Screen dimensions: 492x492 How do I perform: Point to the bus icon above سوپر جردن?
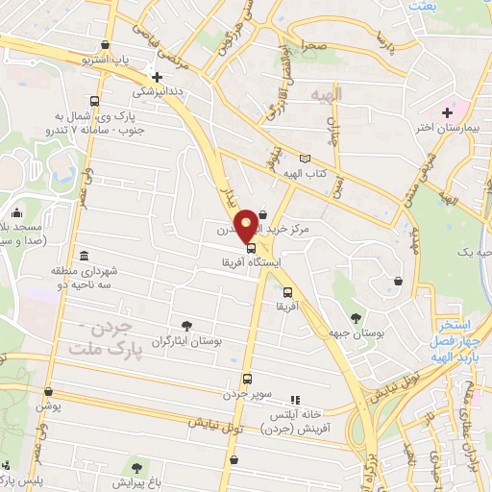(247, 378)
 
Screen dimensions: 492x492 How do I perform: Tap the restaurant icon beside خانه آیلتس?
(295, 399)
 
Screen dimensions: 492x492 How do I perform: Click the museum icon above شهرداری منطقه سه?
(85, 257)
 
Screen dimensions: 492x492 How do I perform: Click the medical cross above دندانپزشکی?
(157, 78)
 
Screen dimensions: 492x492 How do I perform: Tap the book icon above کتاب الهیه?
(306, 159)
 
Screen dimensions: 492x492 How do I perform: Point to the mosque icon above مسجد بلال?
(16, 213)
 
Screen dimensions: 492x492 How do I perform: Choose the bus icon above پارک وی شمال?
(93, 102)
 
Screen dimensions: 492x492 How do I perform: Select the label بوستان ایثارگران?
(188, 341)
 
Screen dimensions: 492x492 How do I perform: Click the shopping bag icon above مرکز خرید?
(262, 201)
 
